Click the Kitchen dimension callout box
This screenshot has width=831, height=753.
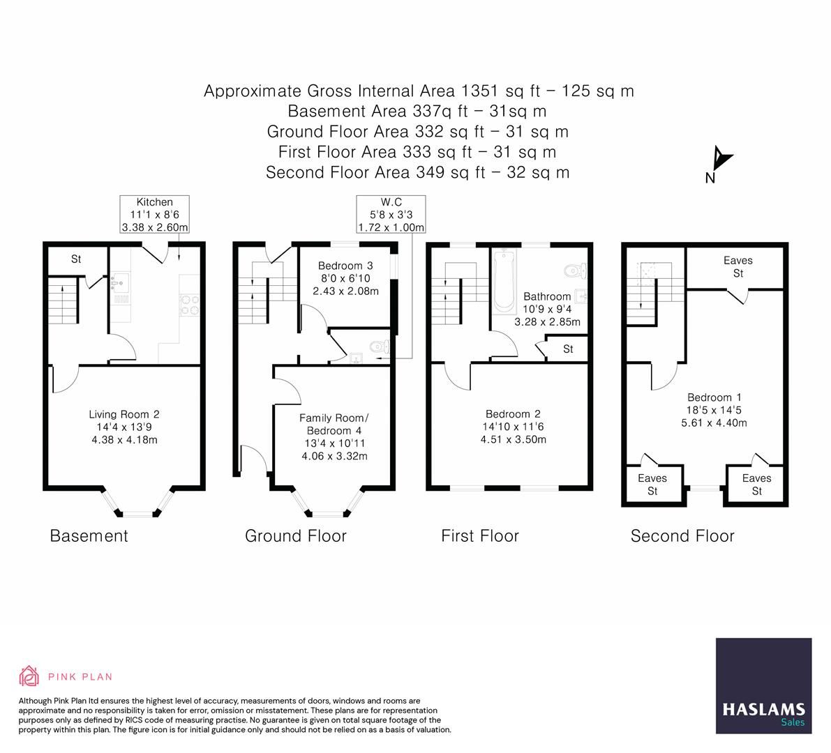pos(154,215)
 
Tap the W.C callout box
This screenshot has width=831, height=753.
pos(391,215)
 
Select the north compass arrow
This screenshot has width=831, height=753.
pos(721,161)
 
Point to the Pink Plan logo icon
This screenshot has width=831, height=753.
pos(29,676)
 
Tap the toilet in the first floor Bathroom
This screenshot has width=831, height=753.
pos(574,269)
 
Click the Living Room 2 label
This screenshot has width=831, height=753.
pos(124,427)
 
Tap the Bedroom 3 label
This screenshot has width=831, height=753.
pos(345,277)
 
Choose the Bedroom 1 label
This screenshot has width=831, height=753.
pos(710,410)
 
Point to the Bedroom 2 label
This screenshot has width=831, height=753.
pos(513,426)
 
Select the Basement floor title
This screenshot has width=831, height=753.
pos(89,535)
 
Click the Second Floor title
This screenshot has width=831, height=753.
pos(682,535)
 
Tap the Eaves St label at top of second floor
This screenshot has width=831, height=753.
pos(738,266)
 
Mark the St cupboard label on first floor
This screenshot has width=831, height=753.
pos(568,349)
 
